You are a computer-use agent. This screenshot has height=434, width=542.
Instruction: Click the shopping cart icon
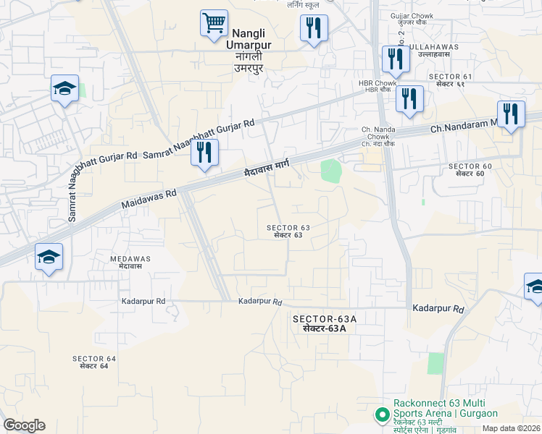[214, 24]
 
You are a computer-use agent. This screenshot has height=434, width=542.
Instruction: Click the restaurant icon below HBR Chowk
[409, 100]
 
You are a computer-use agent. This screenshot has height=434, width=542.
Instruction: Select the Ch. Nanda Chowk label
[376, 133]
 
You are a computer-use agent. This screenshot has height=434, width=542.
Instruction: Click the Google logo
[24, 425]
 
